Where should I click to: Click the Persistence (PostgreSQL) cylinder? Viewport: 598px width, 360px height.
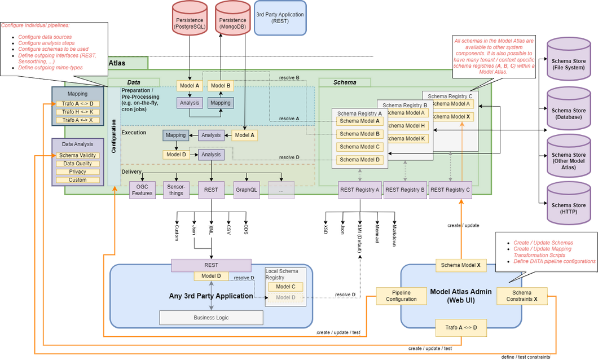tap(190, 20)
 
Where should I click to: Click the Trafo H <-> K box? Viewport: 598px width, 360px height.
tap(77, 112)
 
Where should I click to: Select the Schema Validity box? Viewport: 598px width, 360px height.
tap(77, 155)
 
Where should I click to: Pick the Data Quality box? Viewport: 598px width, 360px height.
tap(77, 164)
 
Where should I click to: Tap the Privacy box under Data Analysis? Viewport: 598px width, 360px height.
tap(77, 172)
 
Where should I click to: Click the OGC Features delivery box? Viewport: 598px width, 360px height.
tap(142, 190)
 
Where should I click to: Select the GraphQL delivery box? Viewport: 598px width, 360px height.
tap(246, 190)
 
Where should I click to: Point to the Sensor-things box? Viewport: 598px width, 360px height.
tap(176, 190)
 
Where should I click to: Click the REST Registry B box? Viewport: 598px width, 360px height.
tap(404, 190)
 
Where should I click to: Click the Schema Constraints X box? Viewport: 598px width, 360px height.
tap(522, 296)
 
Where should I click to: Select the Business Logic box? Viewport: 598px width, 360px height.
tap(211, 318)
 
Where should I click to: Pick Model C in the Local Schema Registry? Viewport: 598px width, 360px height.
tap(285, 287)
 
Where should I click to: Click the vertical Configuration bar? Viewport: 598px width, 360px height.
tap(114, 135)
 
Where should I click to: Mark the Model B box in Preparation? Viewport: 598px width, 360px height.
tap(221, 86)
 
